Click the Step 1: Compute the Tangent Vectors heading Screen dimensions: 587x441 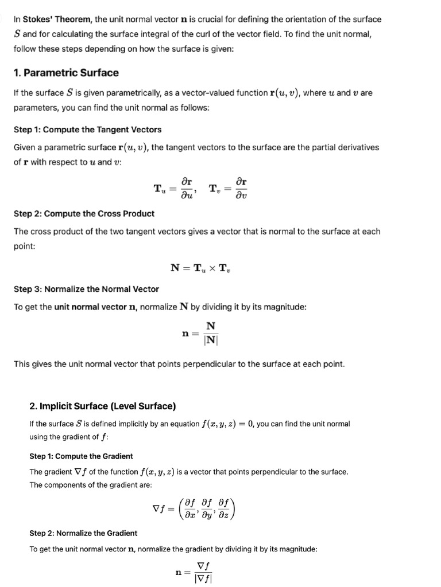[x=87, y=130]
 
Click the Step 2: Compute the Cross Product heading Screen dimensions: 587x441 [x=84, y=214]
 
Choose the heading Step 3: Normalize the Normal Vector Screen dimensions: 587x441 [x=86, y=289]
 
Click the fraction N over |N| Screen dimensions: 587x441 [x=211, y=332]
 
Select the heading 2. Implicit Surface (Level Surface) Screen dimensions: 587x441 [x=103, y=406]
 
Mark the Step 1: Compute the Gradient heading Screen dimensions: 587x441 [x=81, y=456]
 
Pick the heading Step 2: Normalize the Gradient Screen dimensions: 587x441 [x=83, y=533]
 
